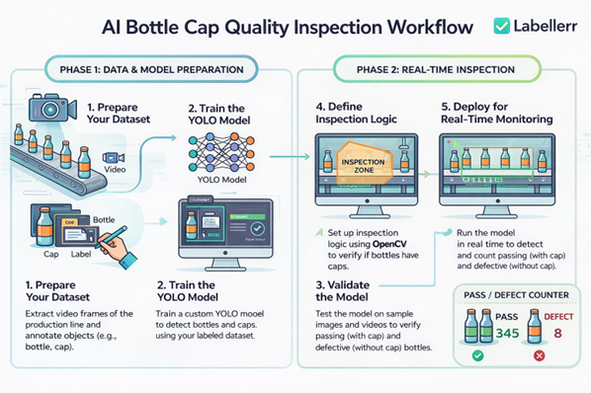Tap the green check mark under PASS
477,354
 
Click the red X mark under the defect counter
538,354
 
